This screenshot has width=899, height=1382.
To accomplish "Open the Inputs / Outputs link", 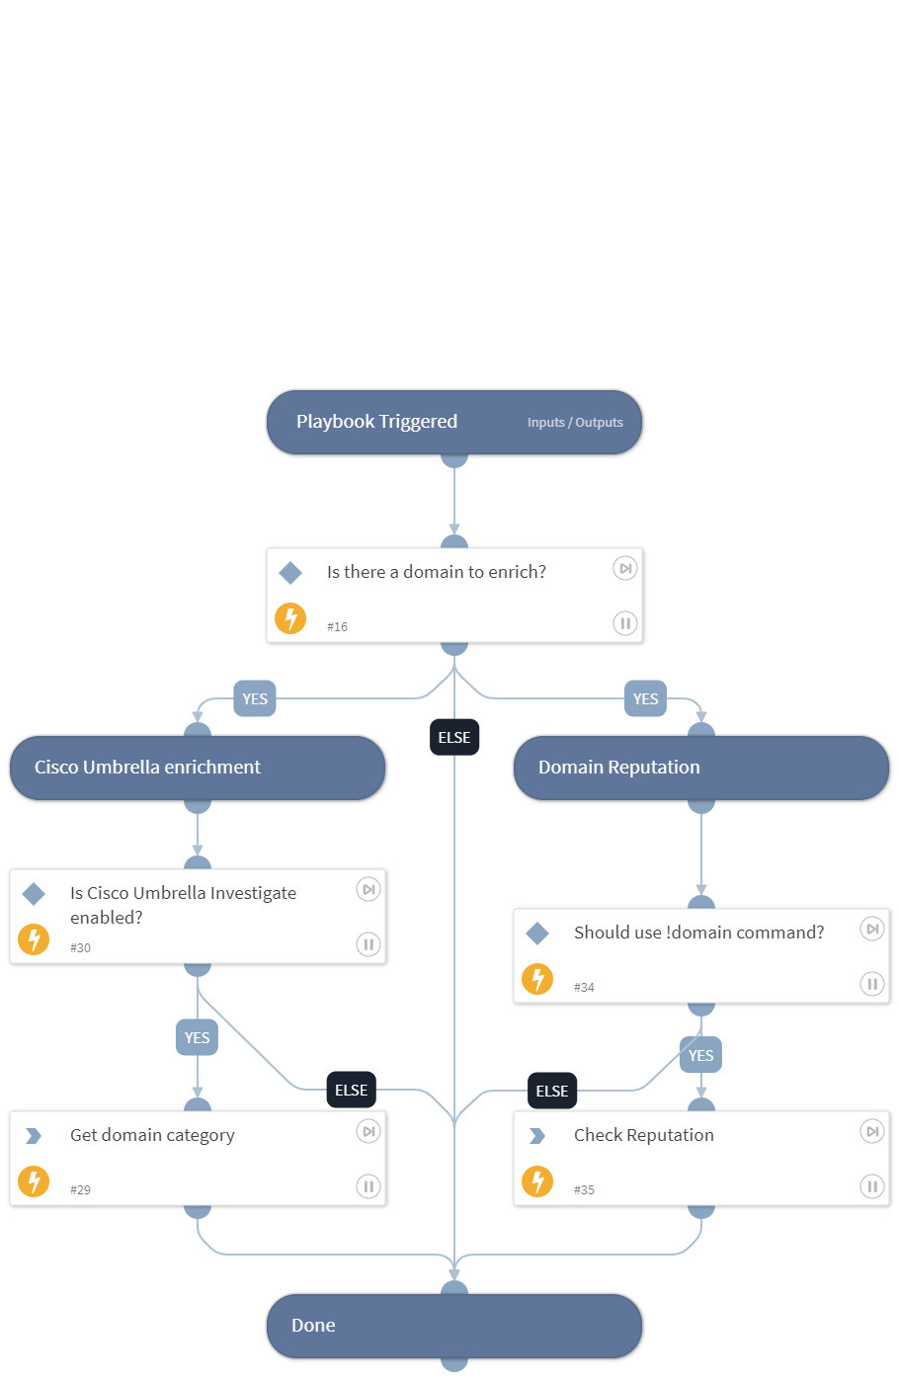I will [575, 423].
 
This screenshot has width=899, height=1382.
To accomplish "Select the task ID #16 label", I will [337, 626].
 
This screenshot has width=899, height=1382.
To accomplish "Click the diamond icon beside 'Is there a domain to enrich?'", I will [290, 573].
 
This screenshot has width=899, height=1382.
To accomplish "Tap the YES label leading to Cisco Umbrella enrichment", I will [255, 698].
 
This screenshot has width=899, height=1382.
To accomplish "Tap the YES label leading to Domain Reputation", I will [645, 698].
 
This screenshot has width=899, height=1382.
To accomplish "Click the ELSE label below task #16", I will [454, 737].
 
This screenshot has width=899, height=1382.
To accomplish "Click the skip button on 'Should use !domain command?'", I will [871, 930].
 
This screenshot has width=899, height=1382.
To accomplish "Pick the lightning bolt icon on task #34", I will [537, 979].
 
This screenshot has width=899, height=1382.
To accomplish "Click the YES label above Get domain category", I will [198, 1037].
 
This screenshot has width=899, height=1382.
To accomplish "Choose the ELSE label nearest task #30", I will [351, 1090].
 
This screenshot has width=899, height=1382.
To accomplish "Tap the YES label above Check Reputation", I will [700, 1055].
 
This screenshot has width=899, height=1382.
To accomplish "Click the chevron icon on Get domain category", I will [34, 1136].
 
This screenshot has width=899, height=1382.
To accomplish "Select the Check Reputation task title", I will [643, 1135].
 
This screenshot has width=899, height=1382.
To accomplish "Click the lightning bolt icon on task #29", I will [34, 1181].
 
